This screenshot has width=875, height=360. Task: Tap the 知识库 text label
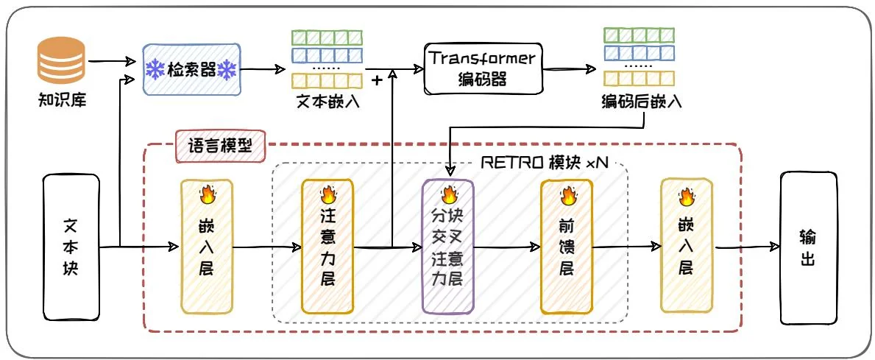[63, 99]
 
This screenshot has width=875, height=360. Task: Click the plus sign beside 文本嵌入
[378, 80]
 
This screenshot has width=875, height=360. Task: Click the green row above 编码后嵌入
[640, 35]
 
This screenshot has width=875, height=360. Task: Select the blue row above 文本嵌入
[327, 56]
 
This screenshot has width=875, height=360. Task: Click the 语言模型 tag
[222, 146]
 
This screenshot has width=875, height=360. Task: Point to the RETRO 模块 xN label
[545, 163]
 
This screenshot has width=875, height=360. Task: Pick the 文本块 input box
[71, 248]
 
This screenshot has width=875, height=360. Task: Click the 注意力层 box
[327, 247]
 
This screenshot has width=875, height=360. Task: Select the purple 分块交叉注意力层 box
[447, 247]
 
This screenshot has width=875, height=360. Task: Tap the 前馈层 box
[567, 247]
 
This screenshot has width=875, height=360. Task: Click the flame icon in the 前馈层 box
[567, 196]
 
